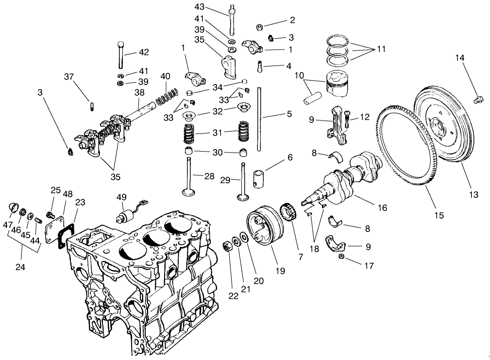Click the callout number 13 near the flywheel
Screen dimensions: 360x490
(473, 194)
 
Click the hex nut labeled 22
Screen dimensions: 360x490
(226, 246)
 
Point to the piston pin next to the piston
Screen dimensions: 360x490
(310, 96)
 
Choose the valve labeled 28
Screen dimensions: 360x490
(189, 177)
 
